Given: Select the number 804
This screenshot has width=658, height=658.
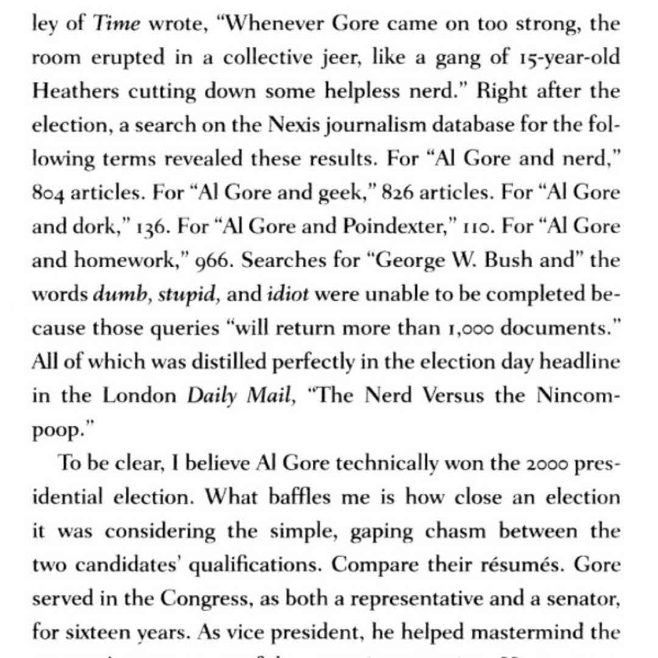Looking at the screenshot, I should (49, 194).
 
